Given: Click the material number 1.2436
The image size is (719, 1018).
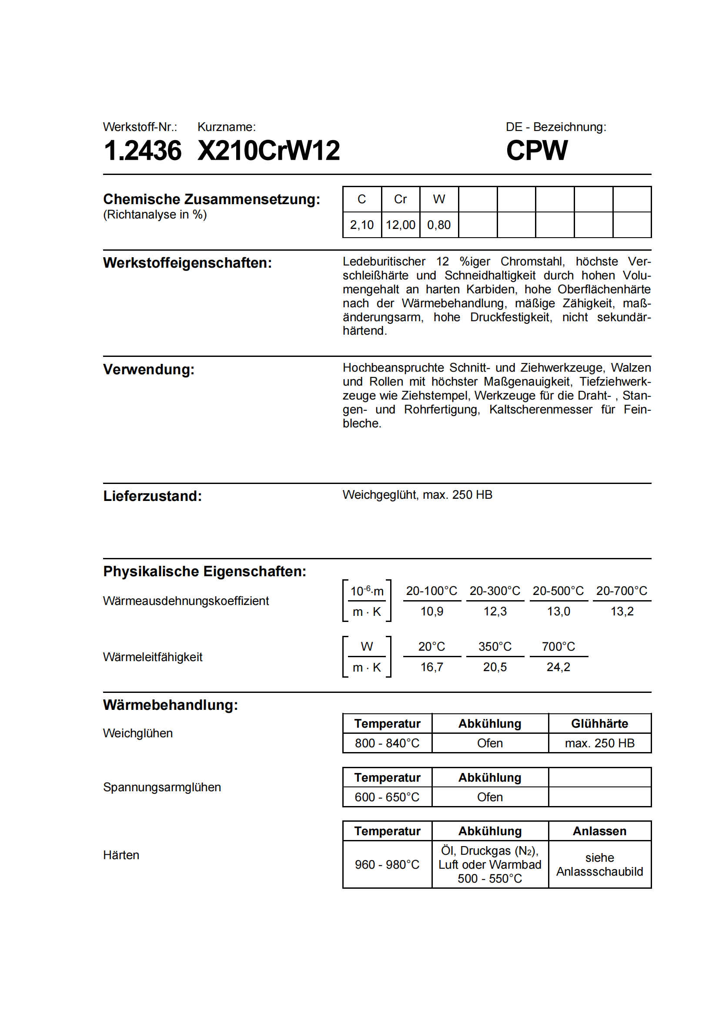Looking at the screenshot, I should pyautogui.click(x=142, y=150).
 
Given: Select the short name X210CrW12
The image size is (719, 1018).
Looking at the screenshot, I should pyautogui.click(x=268, y=150).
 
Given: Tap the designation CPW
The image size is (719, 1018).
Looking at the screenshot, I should pyautogui.click(x=536, y=150).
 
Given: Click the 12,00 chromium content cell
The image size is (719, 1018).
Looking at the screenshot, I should pyautogui.click(x=400, y=225).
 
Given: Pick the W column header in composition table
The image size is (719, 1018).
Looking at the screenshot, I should pyautogui.click(x=438, y=199).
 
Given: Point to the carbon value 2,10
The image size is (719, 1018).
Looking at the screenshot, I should pyautogui.click(x=361, y=225).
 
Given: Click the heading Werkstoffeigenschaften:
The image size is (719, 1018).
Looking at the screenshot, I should pyautogui.click(x=187, y=263).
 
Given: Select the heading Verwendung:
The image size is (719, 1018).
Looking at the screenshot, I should pyautogui.click(x=149, y=370).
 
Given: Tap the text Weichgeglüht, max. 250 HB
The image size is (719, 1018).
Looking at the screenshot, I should pyautogui.click(x=417, y=494).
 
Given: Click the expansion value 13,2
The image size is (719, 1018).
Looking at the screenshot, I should pyautogui.click(x=622, y=611).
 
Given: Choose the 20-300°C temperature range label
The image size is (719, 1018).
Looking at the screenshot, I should pyautogui.click(x=495, y=591).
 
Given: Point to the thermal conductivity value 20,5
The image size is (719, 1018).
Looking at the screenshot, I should pyautogui.click(x=495, y=667).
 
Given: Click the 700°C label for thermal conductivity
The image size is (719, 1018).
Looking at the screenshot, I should pyautogui.click(x=558, y=646).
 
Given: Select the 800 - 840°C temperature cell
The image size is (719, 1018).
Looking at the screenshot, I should pyautogui.click(x=387, y=743).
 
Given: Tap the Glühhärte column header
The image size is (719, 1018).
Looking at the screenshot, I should pyautogui.click(x=599, y=724).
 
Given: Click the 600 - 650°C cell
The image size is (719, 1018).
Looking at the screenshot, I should pyautogui.click(x=387, y=797).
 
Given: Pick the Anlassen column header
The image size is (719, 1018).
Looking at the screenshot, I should pyautogui.click(x=599, y=831).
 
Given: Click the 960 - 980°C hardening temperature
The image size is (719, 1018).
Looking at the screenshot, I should pyautogui.click(x=387, y=865).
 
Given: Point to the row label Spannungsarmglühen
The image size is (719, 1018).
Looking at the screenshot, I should pyautogui.click(x=162, y=787).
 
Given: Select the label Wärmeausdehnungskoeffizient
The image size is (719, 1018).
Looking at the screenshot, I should pyautogui.click(x=186, y=601).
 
